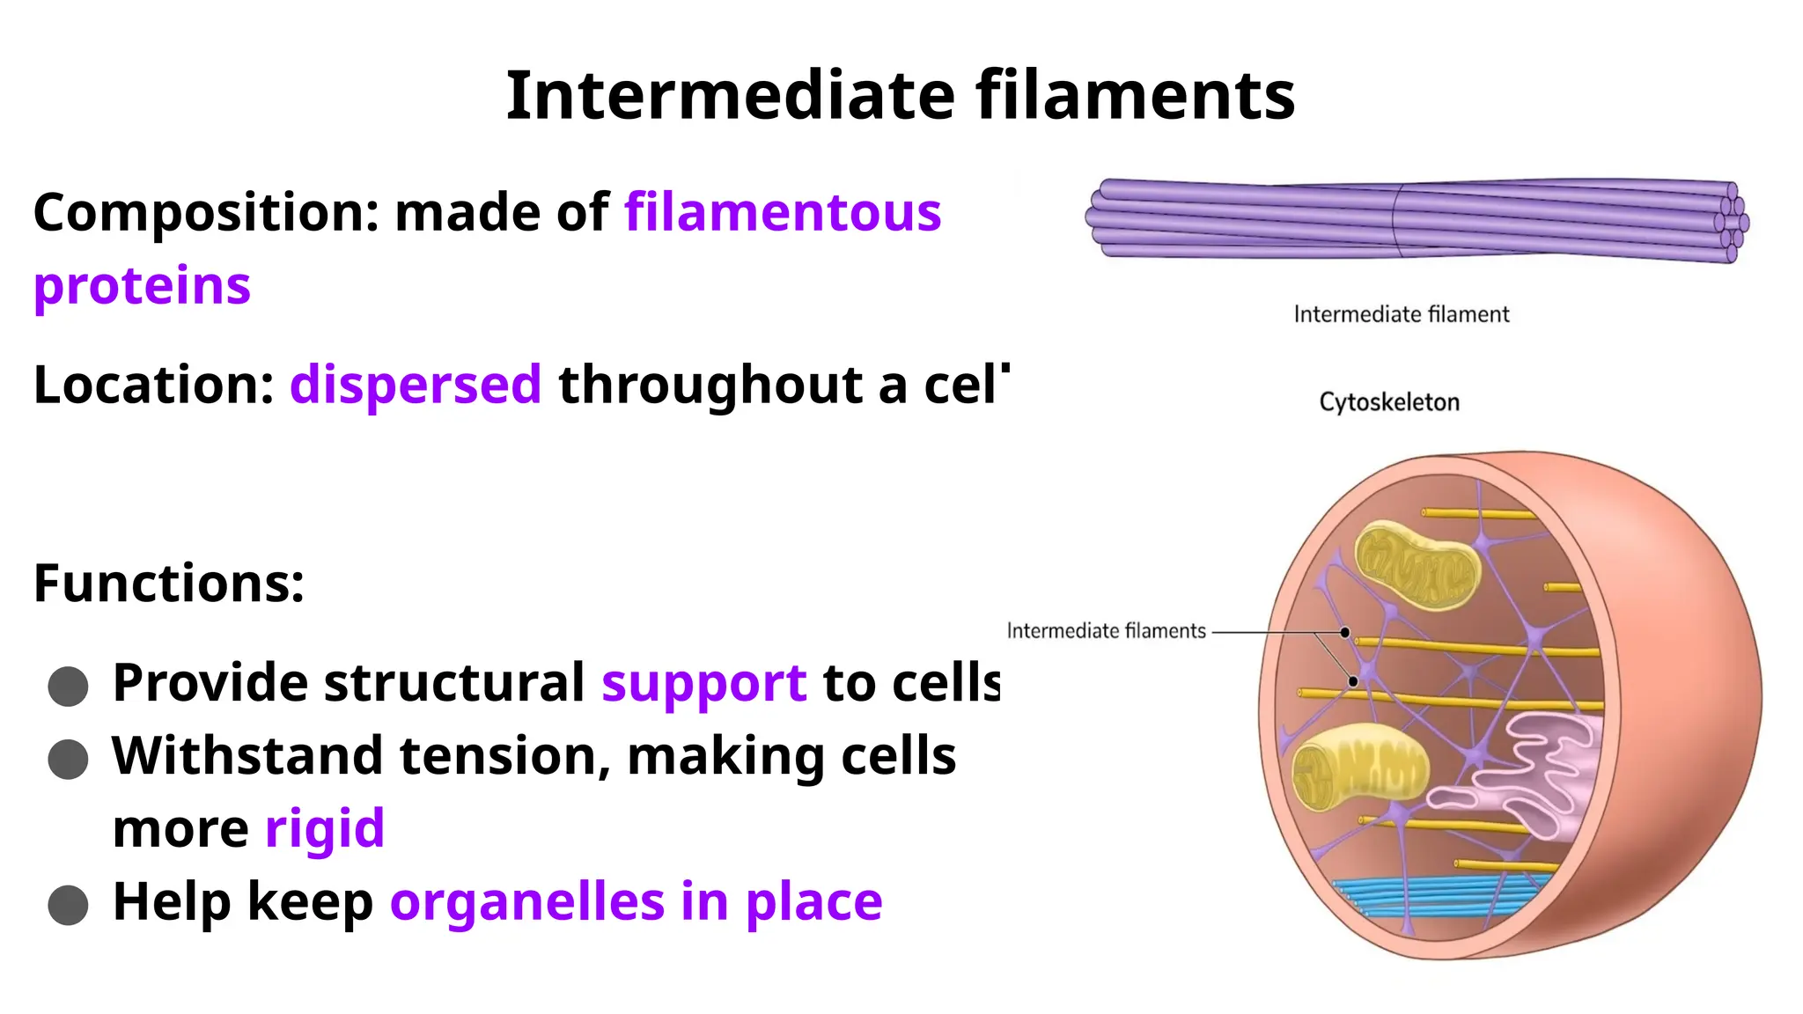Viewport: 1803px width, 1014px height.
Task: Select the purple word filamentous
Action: (783, 213)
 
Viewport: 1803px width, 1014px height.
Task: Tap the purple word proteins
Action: (142, 286)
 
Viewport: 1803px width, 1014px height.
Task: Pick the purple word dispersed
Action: (416, 385)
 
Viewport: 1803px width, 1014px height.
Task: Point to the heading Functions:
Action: (169, 583)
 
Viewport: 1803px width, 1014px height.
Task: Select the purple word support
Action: (703, 683)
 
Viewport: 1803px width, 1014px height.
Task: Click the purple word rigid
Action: (325, 829)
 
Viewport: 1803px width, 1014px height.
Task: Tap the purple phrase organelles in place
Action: (636, 902)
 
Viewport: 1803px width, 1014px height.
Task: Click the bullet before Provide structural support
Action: (68, 687)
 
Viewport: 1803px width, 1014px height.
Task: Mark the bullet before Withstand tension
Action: (68, 760)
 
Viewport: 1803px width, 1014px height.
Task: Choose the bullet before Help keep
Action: (68, 906)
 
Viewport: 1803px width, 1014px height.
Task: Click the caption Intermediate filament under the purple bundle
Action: (1401, 314)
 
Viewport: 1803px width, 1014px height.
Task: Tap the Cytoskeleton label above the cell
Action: (1388, 402)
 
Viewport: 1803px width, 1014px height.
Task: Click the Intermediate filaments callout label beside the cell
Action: (1106, 631)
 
